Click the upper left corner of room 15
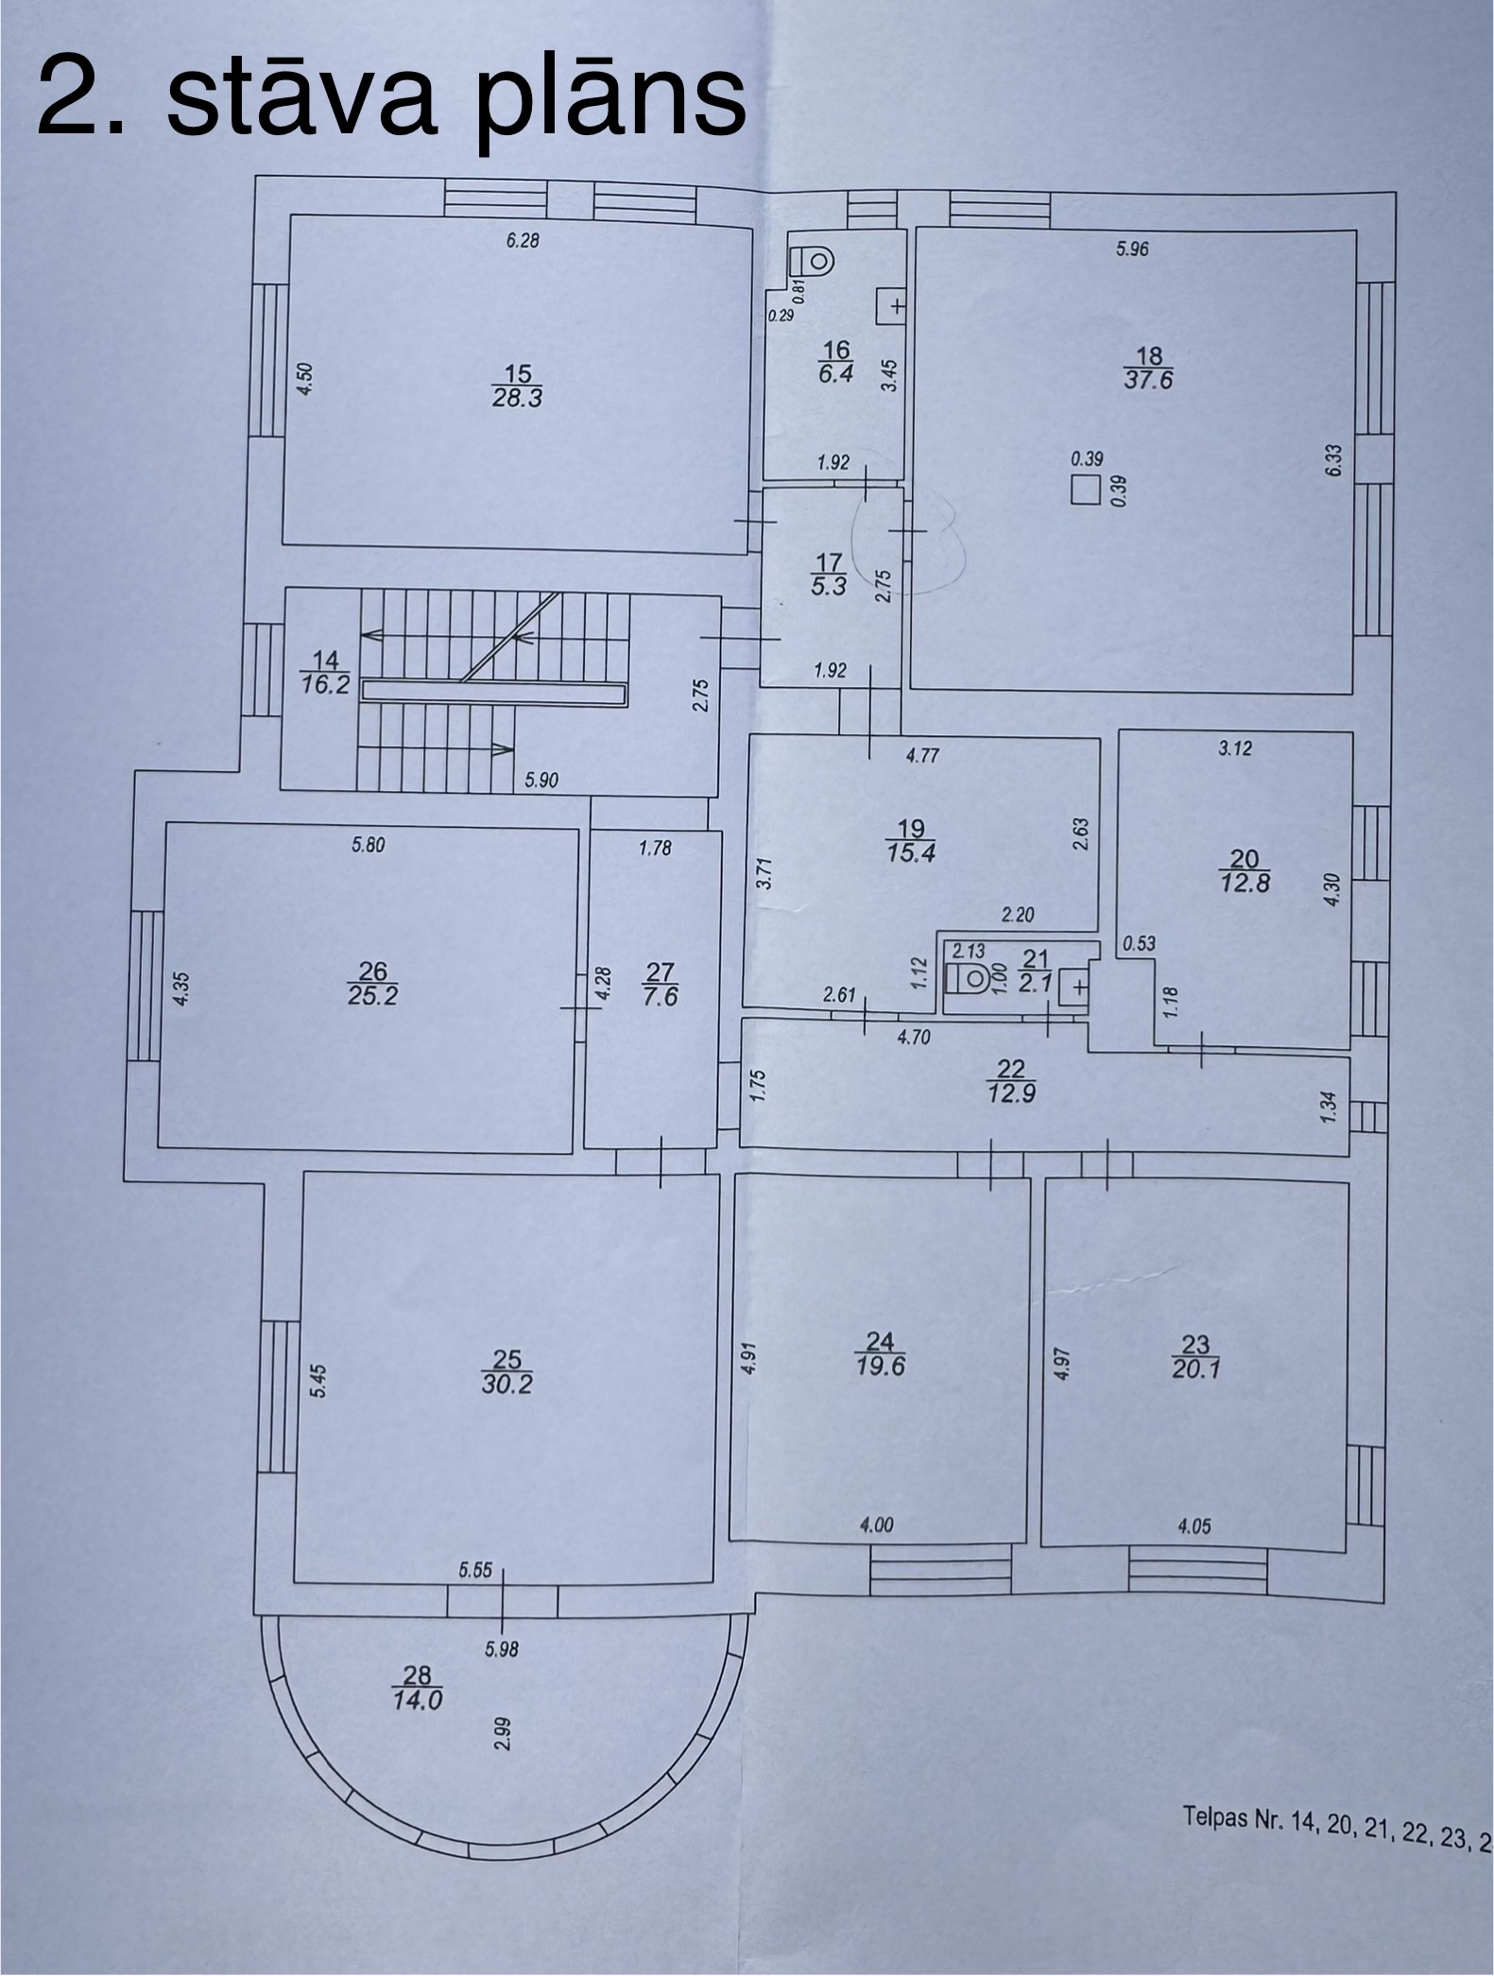[x=289, y=215]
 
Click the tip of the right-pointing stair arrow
[x=515, y=749]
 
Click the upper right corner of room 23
[x=1348, y=1181]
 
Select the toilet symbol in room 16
[x=814, y=258]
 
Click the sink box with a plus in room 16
[x=891, y=307]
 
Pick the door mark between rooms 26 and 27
[x=579, y=1006]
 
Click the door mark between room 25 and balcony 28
[x=502, y=1597]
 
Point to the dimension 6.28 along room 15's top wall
[x=522, y=241]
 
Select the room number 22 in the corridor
[x=1010, y=1068]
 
